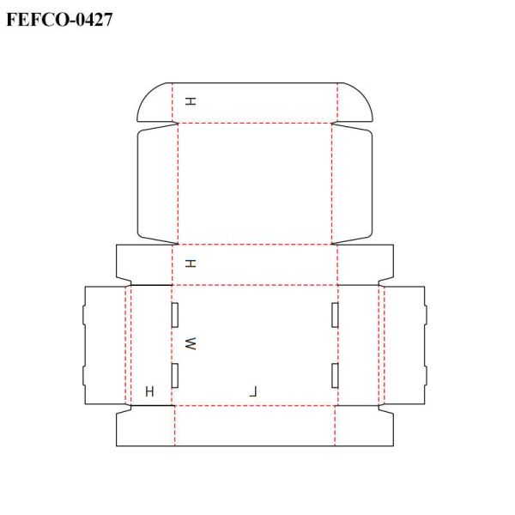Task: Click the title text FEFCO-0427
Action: tap(59, 18)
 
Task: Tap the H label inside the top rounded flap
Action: tap(191, 101)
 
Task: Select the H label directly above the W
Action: tap(191, 264)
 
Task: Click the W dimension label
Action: tap(191, 343)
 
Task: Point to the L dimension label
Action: tap(253, 391)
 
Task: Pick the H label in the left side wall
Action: tap(150, 391)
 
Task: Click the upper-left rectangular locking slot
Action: tap(174, 315)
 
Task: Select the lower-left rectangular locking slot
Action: tap(174, 374)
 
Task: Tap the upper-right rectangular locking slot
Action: tap(336, 315)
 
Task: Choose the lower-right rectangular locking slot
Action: tap(336, 374)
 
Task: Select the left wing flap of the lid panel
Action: tap(156, 182)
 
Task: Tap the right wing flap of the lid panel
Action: tap(353, 182)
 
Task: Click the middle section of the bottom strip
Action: tap(255, 426)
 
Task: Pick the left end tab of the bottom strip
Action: tap(144, 427)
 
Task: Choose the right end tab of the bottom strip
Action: tap(365, 427)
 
